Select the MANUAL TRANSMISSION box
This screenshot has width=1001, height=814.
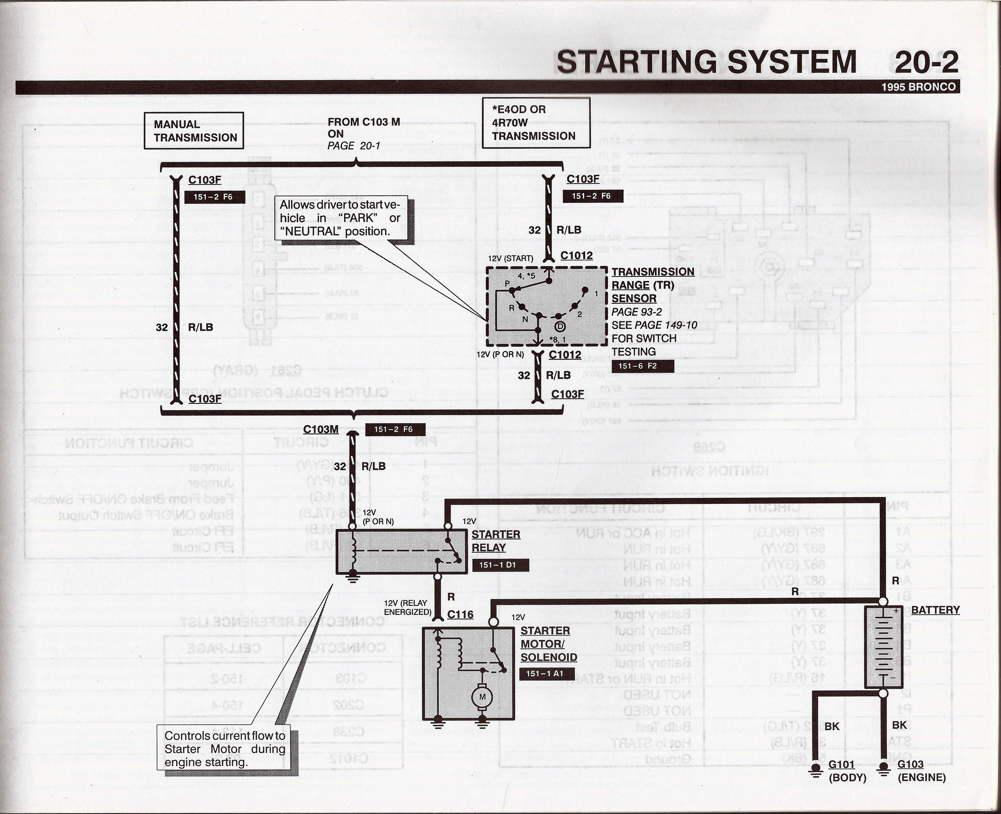pos(194,131)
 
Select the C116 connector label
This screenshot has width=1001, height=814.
pos(460,614)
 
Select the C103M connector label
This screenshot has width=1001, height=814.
pos(321,429)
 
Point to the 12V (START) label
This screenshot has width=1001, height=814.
pos(510,258)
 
